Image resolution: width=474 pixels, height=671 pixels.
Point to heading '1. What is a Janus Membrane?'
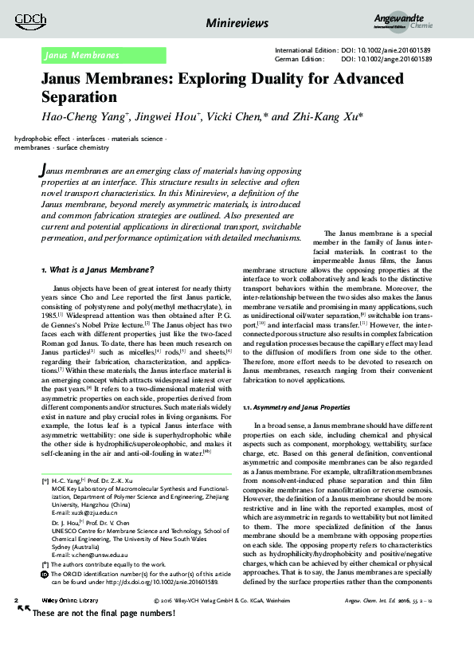[97, 271]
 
